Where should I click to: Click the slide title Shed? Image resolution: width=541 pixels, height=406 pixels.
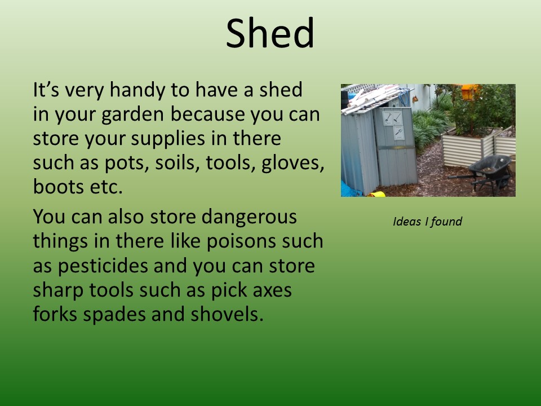pos(270,33)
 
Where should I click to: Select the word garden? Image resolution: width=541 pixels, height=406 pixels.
pos(132,115)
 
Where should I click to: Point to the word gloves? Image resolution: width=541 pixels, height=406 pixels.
pos(292,164)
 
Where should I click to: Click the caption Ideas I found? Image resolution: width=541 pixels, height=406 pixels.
pos(427,221)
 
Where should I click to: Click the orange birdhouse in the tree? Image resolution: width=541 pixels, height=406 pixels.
pos(470,92)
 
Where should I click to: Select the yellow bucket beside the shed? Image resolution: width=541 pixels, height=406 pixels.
pos(376,194)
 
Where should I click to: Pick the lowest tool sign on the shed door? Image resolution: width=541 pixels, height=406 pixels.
pos(399,133)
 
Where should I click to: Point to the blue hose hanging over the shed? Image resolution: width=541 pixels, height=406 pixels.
pos(405,96)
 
